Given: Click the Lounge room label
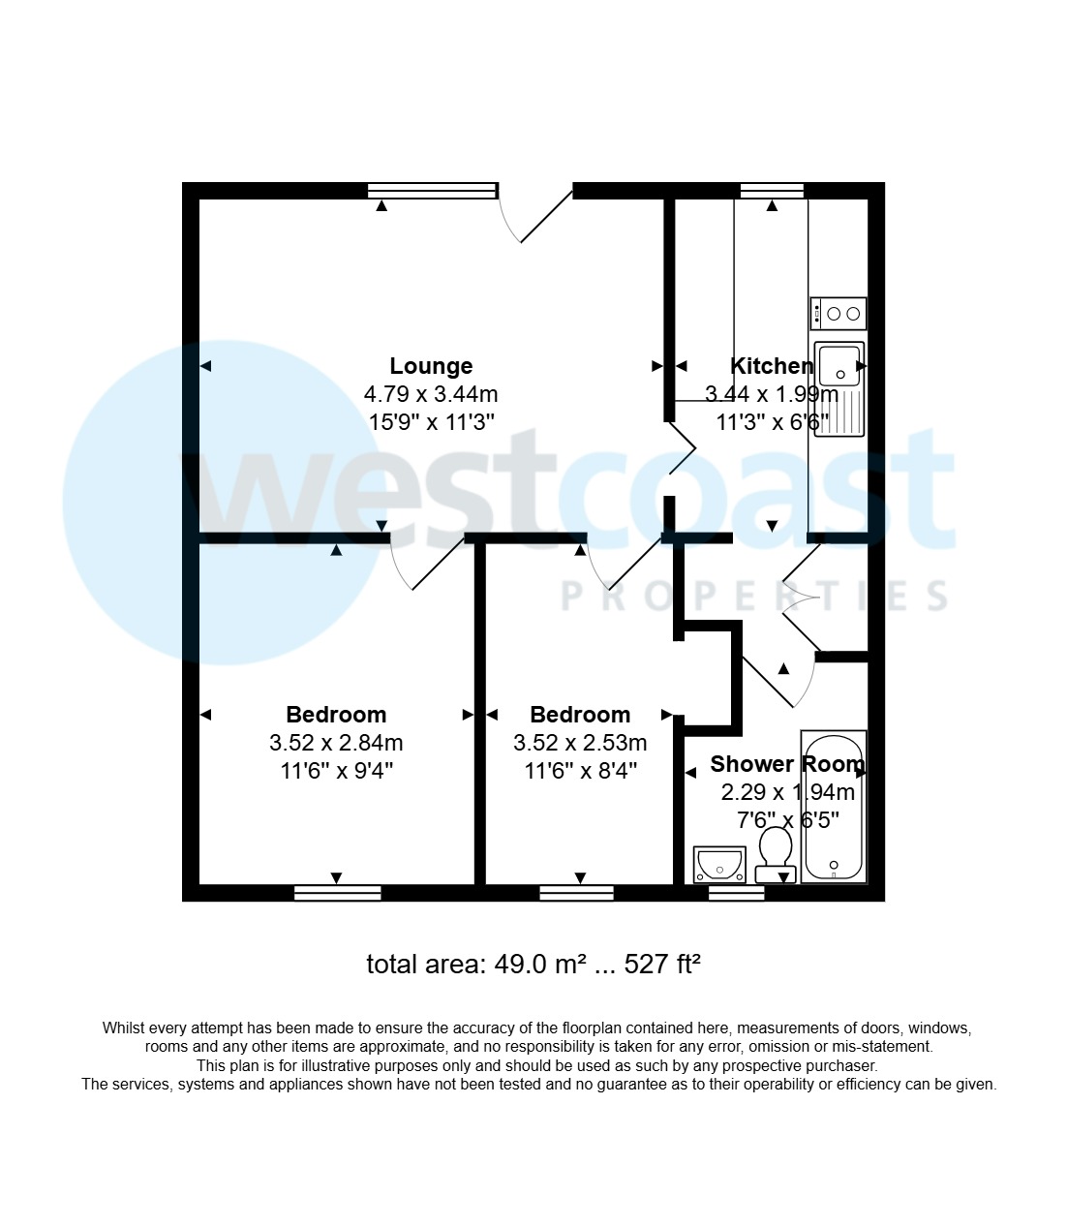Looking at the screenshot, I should tap(431, 366).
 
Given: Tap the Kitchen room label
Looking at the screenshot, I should tap(771, 366).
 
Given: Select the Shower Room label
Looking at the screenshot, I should tap(786, 764).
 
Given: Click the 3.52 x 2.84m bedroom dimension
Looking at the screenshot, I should tap(336, 743).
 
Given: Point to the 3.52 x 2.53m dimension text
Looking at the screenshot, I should tap(580, 743).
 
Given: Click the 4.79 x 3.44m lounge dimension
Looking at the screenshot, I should tap(431, 394).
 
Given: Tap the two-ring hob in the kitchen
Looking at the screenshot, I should tap(838, 313).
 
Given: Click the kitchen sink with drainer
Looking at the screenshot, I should tap(838, 388).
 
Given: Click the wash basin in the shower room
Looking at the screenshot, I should tap(719, 863).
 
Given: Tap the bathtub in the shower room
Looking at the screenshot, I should tap(833, 807).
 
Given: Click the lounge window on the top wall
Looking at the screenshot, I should tap(432, 191).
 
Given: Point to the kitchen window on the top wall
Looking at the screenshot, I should tap(772, 191).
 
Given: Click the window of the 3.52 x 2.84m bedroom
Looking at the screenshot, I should tap(337, 893).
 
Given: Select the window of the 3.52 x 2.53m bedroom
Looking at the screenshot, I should tap(576, 893).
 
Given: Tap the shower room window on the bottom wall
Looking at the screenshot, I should tap(736, 893).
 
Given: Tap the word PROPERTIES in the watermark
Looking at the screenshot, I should tap(755, 597).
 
